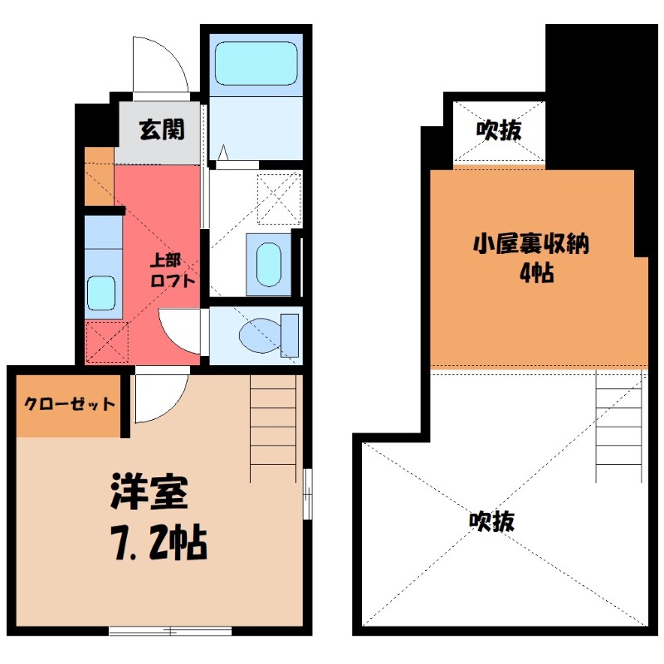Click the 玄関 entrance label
point(161,129)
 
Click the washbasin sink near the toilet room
point(268,264)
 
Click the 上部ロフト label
point(172,270)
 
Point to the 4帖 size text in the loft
point(536,274)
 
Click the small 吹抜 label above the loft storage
point(498,130)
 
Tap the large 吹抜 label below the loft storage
point(491,520)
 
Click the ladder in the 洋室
point(273,427)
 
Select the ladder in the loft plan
point(619,427)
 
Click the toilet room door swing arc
point(178,333)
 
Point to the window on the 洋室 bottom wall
point(169,631)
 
